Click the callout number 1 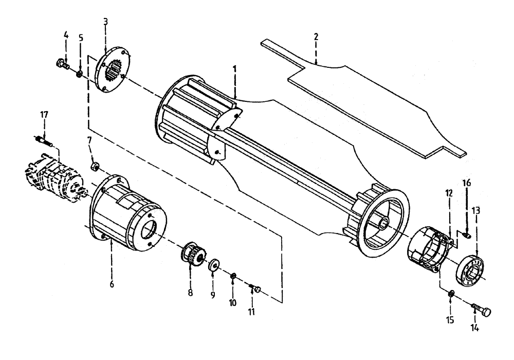coord(234,67)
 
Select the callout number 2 coord(316,37)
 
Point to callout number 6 coord(112,284)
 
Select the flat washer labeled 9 coord(213,266)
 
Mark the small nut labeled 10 coord(233,277)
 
